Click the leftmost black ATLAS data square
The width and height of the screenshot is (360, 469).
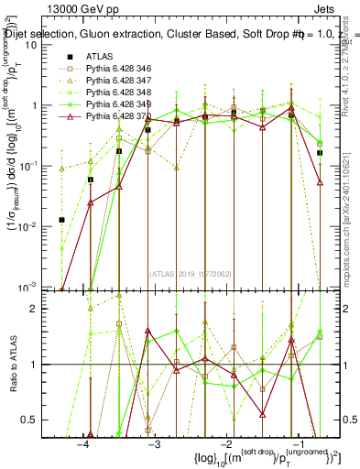click(61, 220)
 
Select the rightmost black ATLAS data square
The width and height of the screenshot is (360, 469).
click(320, 153)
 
